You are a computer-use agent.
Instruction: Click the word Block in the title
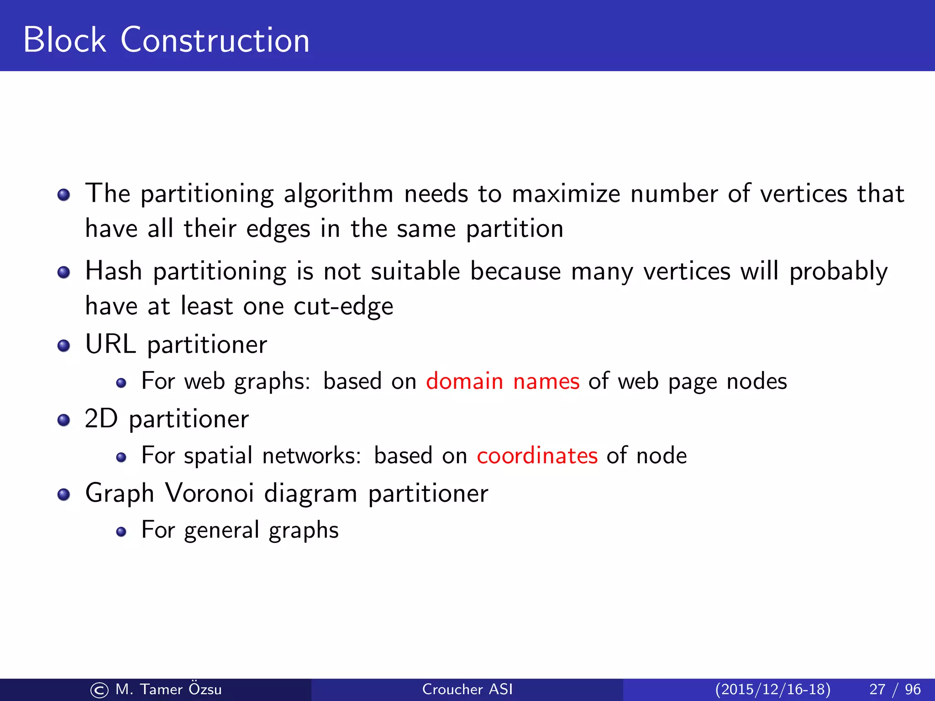(64, 40)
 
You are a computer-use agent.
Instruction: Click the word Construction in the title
(215, 40)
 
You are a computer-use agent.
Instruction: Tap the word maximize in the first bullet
(566, 194)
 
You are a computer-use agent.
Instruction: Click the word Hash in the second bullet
(114, 271)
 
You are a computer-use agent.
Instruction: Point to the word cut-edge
(343, 306)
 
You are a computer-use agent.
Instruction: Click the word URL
(110, 344)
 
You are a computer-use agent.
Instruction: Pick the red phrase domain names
(502, 381)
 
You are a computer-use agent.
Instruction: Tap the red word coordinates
(537, 455)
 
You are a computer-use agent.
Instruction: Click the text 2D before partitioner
(101, 419)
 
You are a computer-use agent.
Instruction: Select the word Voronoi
(209, 493)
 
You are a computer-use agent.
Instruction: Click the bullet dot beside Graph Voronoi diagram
(63, 494)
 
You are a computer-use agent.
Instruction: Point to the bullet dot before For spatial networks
(121, 457)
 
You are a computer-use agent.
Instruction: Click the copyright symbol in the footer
(99, 690)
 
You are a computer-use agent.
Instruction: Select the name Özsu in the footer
(205, 689)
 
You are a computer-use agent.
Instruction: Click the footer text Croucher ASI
(467, 689)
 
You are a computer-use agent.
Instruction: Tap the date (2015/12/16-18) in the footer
(772, 689)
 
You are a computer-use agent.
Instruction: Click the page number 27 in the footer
(877, 689)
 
